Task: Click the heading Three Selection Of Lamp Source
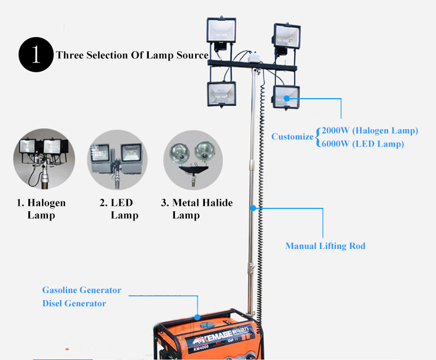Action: coord(132,55)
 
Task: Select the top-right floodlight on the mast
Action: coord(287,38)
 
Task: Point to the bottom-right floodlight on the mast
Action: coord(286,99)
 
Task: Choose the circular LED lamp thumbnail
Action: coord(117,158)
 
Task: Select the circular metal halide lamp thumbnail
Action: coord(193,158)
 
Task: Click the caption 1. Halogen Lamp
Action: coord(41,209)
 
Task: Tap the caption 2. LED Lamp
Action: coord(118,209)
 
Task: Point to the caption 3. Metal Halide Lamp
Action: coord(196,209)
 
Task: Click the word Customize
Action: coord(293,137)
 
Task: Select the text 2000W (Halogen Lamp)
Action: coord(370,131)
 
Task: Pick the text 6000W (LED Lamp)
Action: coord(362,144)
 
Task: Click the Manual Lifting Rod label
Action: coord(325,246)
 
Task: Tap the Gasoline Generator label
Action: coord(82,290)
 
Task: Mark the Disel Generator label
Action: coord(74,303)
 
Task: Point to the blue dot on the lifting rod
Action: coord(253,208)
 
